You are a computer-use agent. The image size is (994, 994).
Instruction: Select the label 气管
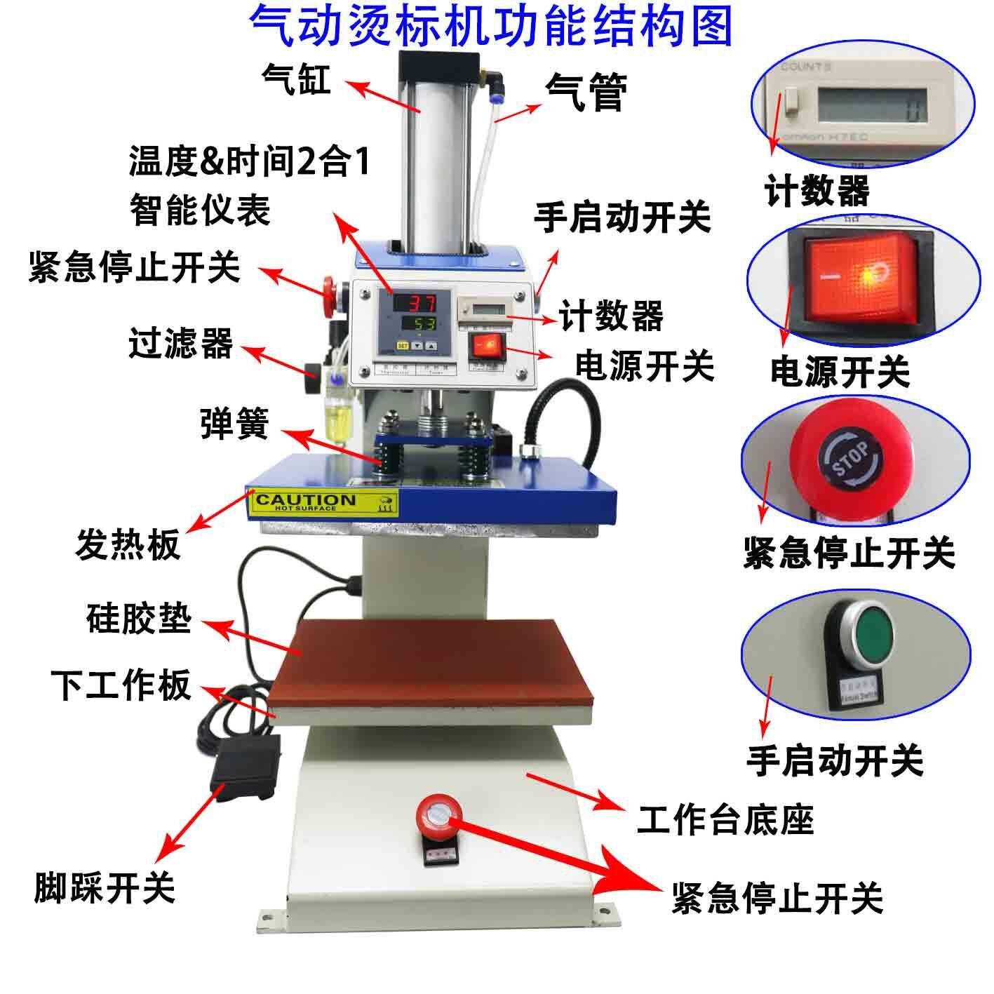tap(586, 93)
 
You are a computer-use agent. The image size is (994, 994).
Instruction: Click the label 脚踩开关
tap(105, 887)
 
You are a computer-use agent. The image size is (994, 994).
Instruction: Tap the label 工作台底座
tap(725, 819)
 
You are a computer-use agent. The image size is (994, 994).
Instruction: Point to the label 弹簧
tap(235, 423)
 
